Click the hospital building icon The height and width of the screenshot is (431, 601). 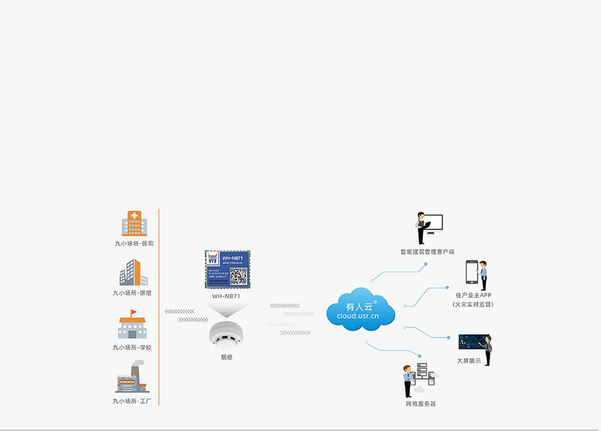pyautogui.click(x=134, y=224)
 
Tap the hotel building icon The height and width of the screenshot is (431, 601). pyautogui.click(x=134, y=273)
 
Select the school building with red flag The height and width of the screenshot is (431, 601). pyautogui.click(x=132, y=325)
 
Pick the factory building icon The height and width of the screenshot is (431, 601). pyautogui.click(x=132, y=378)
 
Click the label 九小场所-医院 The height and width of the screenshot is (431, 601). pyautogui.click(x=134, y=243)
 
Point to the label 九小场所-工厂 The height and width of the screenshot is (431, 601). pyautogui.click(x=132, y=401)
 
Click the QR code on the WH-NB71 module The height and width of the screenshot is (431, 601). pyautogui.click(x=238, y=276)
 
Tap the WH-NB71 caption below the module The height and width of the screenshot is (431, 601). pyautogui.click(x=227, y=295)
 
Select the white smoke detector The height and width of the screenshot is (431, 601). pyautogui.click(x=226, y=335)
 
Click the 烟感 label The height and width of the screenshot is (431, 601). pyautogui.click(x=227, y=357)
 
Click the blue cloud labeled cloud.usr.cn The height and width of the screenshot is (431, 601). pyautogui.click(x=360, y=309)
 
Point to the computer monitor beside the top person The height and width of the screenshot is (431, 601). pyautogui.click(x=435, y=223)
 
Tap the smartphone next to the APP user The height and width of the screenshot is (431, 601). pyautogui.click(x=473, y=274)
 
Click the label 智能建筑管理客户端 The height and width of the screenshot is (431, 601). pyautogui.click(x=427, y=252)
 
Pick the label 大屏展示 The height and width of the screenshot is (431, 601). pyautogui.click(x=469, y=361)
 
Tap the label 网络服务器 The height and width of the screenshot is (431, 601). pyautogui.click(x=421, y=404)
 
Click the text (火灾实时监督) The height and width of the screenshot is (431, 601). pyautogui.click(x=473, y=304)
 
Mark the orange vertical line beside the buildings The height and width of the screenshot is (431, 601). pyautogui.click(x=159, y=307)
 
